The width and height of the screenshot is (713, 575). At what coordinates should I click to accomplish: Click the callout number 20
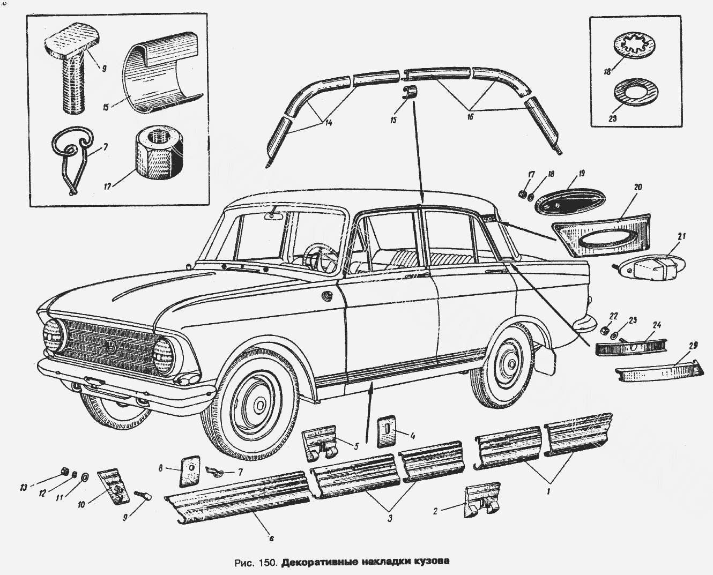[x=637, y=187]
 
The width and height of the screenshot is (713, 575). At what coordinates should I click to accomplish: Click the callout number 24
[x=657, y=325]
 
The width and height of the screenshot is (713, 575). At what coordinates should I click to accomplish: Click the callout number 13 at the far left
[x=23, y=487]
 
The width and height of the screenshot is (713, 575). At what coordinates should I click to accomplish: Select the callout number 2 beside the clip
[x=435, y=511]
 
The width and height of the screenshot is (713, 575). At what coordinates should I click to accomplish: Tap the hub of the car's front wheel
[x=259, y=402]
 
